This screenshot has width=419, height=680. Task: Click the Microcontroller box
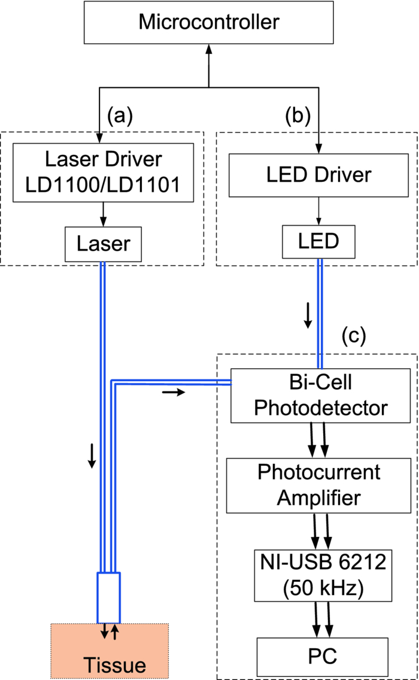click(208, 23)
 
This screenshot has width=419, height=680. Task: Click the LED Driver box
click(318, 175)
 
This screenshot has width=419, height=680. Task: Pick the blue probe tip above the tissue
click(109, 597)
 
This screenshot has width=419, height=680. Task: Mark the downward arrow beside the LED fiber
click(308, 315)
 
